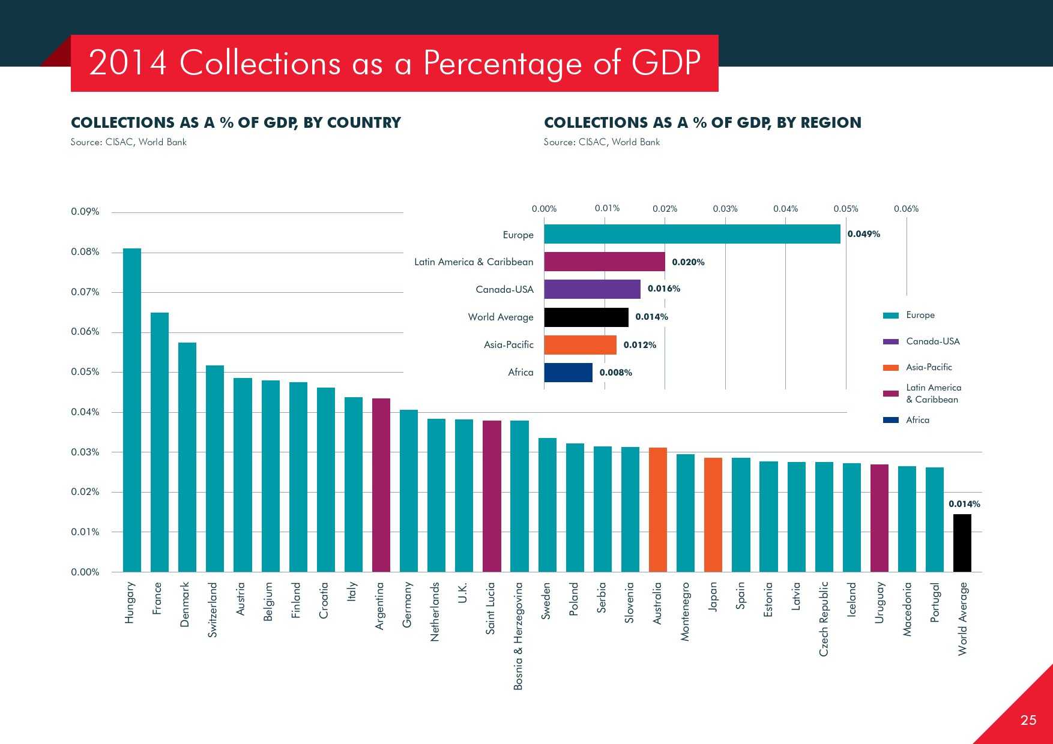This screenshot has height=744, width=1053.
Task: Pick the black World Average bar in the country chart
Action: [962, 543]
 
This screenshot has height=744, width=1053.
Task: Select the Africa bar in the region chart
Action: [568, 373]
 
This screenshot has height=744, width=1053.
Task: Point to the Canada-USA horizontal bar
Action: [592, 289]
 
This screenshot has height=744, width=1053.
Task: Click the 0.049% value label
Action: [863, 234]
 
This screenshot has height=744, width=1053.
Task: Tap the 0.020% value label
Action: [688, 262]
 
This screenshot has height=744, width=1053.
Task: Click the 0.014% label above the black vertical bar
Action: [964, 504]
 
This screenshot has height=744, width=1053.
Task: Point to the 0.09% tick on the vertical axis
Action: [85, 212]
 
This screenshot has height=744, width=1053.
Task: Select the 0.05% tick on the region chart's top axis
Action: [846, 209]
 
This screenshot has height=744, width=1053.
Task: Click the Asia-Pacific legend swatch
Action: [891, 368]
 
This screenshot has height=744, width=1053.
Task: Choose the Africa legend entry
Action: [917, 420]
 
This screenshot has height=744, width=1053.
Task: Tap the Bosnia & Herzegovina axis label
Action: [519, 636]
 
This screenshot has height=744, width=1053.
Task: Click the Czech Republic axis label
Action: [824, 619]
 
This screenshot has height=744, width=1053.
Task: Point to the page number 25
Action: [1028, 720]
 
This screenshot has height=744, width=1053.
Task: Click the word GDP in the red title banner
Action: [666, 62]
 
